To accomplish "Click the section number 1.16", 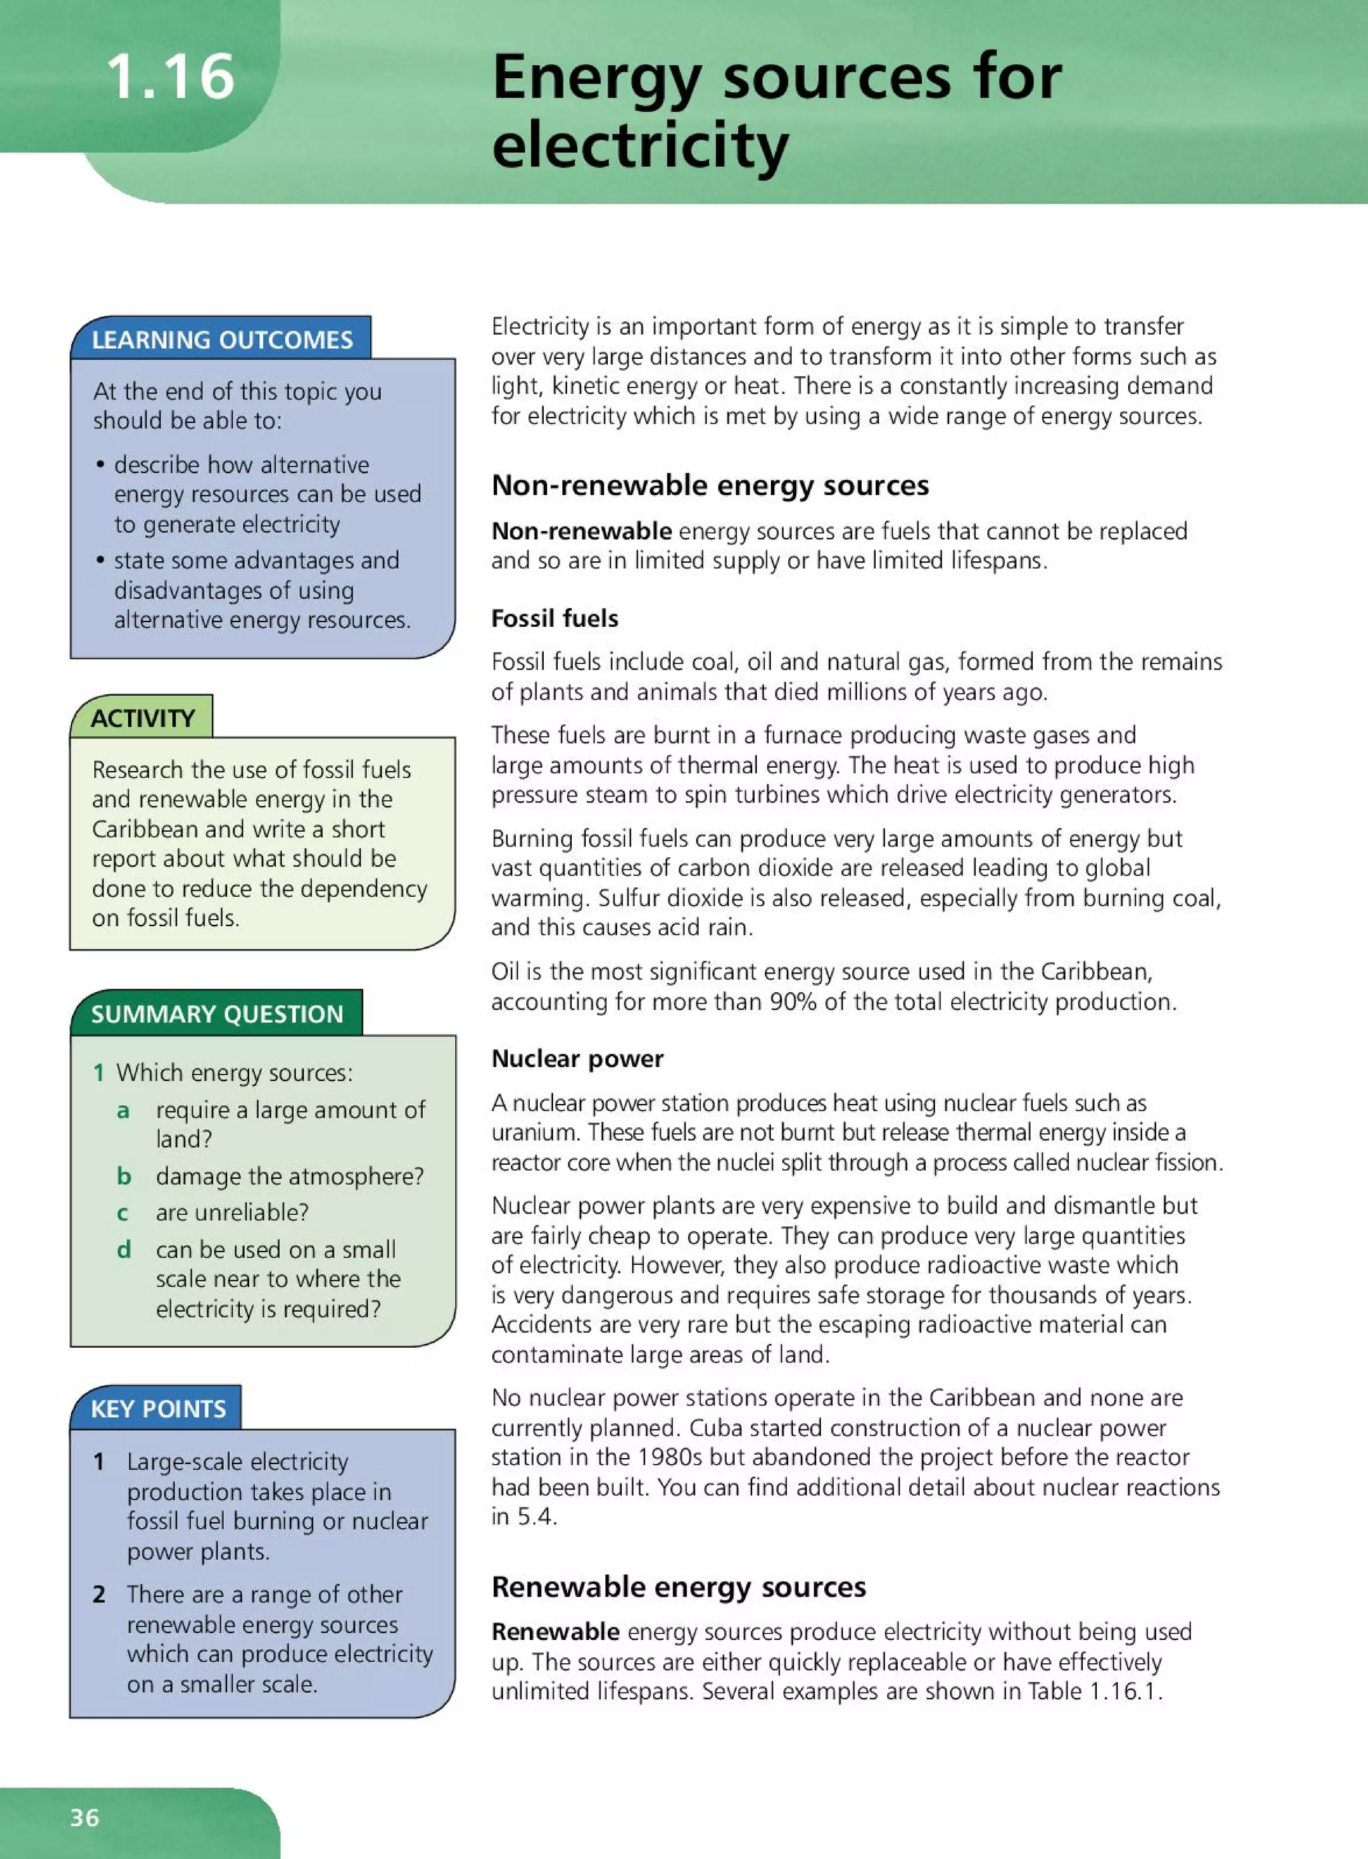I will coord(170,77).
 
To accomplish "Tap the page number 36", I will coord(84,1817).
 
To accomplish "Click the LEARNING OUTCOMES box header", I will coord(222,339).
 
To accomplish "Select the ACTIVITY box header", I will coord(142,718).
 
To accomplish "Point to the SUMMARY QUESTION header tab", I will coord(217,1014).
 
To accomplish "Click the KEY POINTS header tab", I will coord(158,1409).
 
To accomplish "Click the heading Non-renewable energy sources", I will coord(709,484).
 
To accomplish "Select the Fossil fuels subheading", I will coord(554,618).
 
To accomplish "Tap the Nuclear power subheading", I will coord(577,1058).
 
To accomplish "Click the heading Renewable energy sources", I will coord(678,1586).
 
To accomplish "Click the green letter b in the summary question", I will coord(124,1175).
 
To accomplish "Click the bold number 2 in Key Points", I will coord(99,1594).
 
